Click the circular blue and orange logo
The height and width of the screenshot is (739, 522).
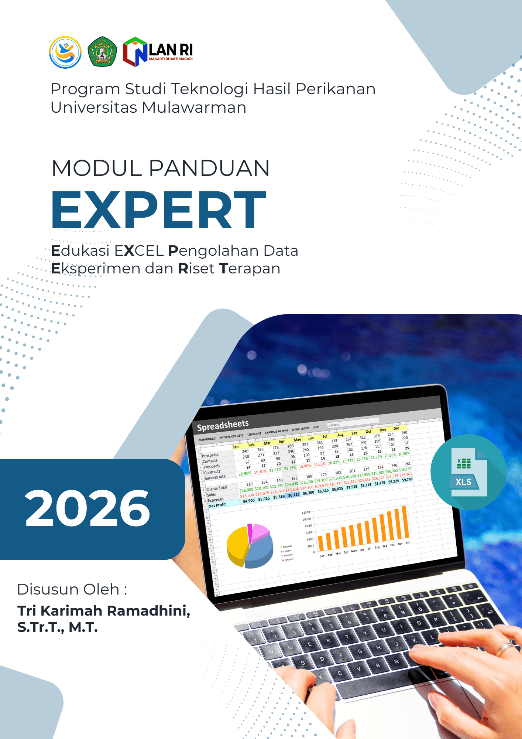(65, 52)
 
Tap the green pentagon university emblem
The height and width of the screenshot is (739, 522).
(102, 52)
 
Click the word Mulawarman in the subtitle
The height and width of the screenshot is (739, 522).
(194, 108)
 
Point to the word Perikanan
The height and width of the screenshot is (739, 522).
(336, 89)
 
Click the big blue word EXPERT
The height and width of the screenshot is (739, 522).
(159, 210)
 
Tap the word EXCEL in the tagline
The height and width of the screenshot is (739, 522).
(139, 251)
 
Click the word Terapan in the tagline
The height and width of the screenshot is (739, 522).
(250, 269)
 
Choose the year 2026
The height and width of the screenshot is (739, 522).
(87, 508)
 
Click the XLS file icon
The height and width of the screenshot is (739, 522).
(468, 472)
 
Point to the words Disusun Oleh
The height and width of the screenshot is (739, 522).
(72, 589)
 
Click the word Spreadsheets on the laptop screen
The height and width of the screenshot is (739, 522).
(223, 425)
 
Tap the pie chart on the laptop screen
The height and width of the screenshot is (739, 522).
(250, 546)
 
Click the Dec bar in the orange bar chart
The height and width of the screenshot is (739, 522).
(405, 522)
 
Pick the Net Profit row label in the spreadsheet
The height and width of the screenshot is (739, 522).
(217, 505)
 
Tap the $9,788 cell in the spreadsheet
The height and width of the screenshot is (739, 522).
(407, 480)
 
